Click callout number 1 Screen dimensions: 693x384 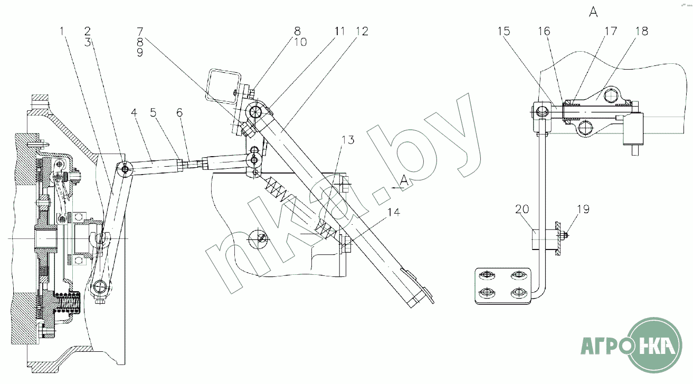62,31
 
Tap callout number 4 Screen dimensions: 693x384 134,112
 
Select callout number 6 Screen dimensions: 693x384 179,112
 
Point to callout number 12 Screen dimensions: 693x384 362,31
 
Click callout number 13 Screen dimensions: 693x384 348,140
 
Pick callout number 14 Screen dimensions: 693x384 394,213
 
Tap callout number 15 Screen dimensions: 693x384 504,31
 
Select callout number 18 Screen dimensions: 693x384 642,31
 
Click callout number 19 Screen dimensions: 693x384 583,209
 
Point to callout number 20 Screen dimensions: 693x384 522,209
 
